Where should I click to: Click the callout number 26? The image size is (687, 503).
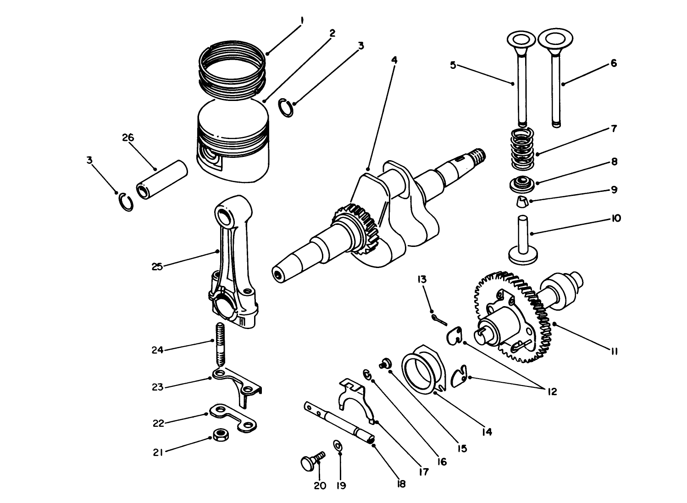tap(128, 137)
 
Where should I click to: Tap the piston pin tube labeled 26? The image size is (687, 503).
tap(162, 180)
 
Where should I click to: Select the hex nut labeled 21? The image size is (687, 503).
tap(222, 434)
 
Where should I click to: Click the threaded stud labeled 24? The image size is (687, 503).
tap(220, 344)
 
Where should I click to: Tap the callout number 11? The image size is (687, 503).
tap(614, 352)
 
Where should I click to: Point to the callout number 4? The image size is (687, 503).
tap(394, 60)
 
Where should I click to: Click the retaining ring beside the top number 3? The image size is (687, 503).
tap(287, 108)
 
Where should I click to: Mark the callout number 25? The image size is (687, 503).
tap(157, 267)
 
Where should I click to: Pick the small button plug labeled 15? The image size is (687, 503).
tap(384, 363)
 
